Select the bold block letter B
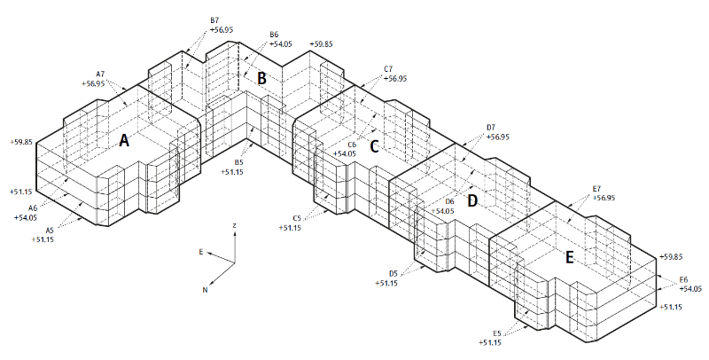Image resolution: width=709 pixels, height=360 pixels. [x=261, y=78]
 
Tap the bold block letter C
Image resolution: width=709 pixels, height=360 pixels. [x=374, y=146]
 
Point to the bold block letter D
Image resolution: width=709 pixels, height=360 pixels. [x=472, y=201]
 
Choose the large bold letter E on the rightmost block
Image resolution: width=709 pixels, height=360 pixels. [x=569, y=257]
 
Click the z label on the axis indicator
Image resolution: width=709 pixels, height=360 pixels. [x=234, y=227]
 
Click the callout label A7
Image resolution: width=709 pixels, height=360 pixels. [x=100, y=74]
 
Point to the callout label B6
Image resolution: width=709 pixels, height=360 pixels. [x=275, y=35]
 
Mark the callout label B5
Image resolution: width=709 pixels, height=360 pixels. [x=238, y=162]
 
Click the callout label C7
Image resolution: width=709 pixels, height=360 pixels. [x=388, y=68]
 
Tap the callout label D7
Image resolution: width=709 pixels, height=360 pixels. [x=491, y=128]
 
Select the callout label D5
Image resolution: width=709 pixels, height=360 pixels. [x=393, y=273]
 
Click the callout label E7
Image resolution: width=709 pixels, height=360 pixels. [x=596, y=189]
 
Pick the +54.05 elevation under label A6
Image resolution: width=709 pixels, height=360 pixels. [x=26, y=217]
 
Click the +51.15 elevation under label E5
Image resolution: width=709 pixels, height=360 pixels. [x=490, y=342]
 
